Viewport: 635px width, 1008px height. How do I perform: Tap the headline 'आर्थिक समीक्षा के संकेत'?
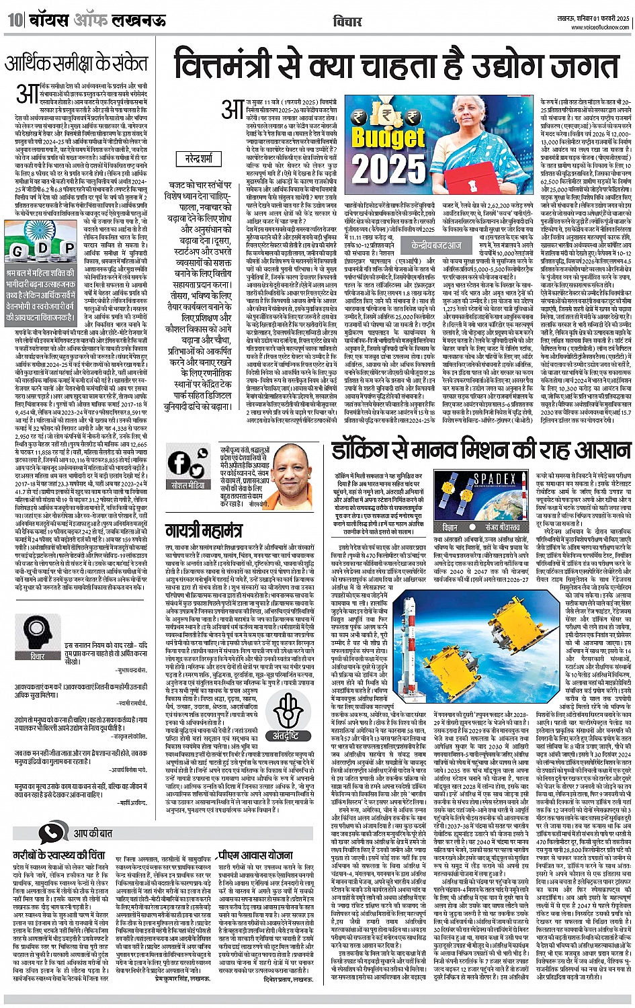pos(75,64)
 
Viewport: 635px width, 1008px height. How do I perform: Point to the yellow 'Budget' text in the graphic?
pos(388,137)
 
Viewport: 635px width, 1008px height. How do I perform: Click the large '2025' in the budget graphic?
pos(390,167)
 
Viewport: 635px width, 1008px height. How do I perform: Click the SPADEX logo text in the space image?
pos(496,480)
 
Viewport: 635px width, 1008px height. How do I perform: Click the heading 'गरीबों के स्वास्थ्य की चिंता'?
pos(59,855)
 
